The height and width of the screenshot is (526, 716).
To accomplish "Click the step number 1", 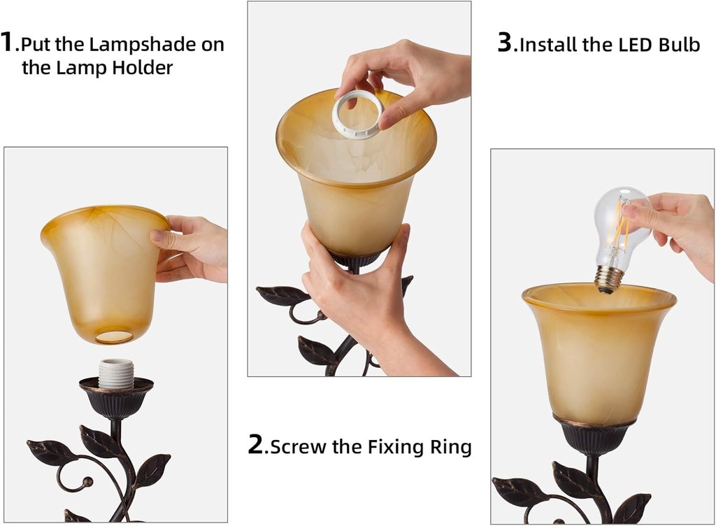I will (8, 42).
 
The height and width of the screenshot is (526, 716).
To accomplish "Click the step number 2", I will (257, 445).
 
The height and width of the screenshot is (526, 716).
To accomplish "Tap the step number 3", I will (505, 43).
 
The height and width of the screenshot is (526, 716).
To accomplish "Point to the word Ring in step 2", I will (449, 446).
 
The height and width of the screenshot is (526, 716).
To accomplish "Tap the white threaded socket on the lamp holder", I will (115, 374).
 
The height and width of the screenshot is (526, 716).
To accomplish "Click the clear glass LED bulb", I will (618, 224).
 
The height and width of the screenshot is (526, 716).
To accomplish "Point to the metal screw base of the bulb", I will (608, 278).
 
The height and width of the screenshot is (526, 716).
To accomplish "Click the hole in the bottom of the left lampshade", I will (114, 336).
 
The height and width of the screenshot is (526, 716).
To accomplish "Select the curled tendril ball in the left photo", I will (87, 481).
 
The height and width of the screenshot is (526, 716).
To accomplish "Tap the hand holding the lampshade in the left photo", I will (190, 248).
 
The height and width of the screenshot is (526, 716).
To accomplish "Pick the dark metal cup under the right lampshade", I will (594, 437).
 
